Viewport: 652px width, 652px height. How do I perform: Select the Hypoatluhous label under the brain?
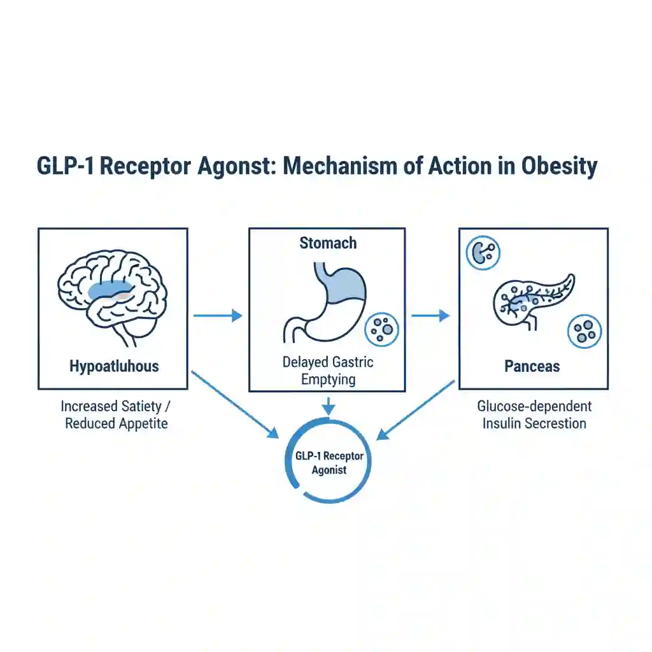pos(113,366)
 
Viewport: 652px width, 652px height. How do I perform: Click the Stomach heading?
pos(327,243)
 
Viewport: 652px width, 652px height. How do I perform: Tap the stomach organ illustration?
pos(325,299)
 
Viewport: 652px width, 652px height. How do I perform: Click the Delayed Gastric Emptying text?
pos(327,371)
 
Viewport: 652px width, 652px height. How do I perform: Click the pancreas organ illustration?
pos(532,299)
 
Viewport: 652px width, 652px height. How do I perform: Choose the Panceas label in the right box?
pos(532,366)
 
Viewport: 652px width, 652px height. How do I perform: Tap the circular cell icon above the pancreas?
pos(483,253)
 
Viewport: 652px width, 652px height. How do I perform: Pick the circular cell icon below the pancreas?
pos(584,331)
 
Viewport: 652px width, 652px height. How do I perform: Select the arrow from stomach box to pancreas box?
pos(430,315)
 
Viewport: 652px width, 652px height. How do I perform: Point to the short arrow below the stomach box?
pos(327,406)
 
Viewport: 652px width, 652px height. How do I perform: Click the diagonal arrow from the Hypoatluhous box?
pos(234,405)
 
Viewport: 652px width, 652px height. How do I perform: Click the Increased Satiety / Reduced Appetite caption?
pos(116,415)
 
